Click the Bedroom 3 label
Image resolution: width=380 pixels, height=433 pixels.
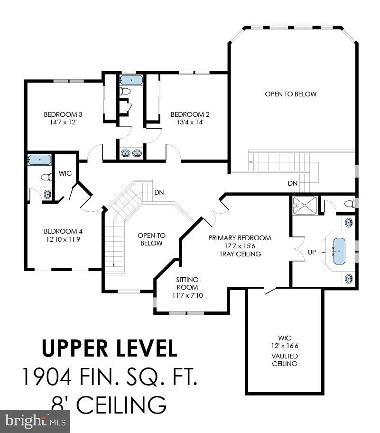63,114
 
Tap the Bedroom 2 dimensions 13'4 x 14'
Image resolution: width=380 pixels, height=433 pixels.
190,122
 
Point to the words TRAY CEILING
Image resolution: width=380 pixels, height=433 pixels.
240,254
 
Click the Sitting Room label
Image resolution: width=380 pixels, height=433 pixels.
187,283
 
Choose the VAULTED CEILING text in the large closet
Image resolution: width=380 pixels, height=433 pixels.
285,360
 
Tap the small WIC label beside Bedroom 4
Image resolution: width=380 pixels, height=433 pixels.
65,173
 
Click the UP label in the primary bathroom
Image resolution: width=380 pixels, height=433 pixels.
312,252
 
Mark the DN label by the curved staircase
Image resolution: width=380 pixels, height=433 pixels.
159,192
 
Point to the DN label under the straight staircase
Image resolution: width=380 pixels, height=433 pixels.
293,183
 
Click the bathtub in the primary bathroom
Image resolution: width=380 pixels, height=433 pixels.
340,251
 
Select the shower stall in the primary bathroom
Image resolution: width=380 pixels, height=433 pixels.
303,205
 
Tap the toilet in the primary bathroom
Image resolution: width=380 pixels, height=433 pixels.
349,204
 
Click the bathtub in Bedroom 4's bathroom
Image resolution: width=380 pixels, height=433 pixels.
39,160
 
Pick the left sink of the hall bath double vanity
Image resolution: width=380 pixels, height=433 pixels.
126,153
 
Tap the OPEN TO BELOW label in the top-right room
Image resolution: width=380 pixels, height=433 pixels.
290,94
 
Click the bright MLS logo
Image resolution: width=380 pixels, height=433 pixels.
35,421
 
